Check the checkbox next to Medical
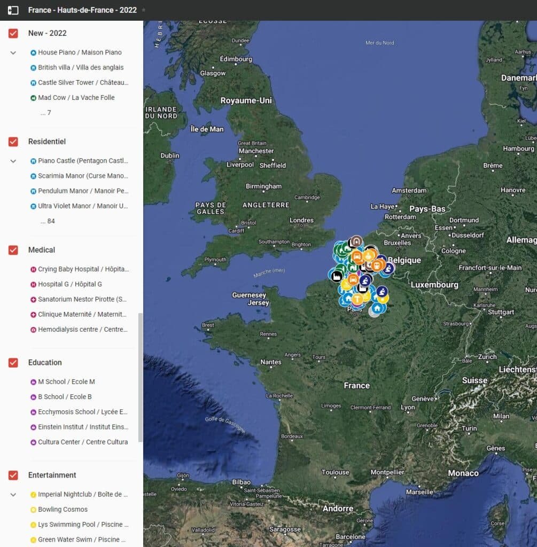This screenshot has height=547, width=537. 13,250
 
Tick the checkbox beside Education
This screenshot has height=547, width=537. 13,363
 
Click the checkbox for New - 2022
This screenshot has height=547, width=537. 13,33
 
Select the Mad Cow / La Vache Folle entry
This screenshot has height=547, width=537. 76,98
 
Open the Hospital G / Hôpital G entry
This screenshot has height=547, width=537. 69,284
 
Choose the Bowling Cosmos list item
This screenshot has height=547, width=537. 63,510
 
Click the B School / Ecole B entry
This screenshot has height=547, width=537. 65,397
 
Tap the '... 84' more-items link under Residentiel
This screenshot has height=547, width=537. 48,221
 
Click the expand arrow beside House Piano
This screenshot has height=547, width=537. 13,53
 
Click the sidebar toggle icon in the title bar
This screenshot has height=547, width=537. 13,10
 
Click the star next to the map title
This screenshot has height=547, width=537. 143,10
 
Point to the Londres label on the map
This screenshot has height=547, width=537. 301,220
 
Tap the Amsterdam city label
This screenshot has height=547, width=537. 409,191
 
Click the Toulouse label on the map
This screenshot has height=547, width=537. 335,472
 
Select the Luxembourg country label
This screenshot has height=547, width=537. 434,285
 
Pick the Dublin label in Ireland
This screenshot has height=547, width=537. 170,155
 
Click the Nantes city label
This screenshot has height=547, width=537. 271,362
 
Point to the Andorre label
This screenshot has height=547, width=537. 338,509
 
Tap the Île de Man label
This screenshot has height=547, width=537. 207,129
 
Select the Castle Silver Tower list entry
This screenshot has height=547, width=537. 83,83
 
